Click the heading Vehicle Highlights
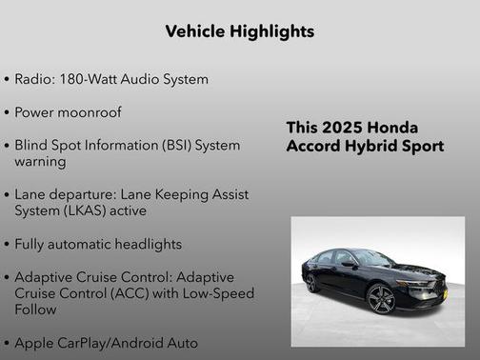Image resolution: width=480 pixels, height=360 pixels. click(239, 31)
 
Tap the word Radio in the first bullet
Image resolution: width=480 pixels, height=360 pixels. click(33, 79)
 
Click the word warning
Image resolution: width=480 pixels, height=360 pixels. click(40, 162)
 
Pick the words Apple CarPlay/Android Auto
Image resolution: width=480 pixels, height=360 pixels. click(107, 343)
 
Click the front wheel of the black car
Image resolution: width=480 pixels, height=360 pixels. click(381, 299)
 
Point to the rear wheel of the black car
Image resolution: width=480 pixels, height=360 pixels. click(311, 283)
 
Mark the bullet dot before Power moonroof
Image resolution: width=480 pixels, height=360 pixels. click(7, 113)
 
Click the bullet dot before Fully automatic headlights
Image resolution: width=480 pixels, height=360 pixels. click(7, 244)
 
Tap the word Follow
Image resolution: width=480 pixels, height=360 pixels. click(37, 310)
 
